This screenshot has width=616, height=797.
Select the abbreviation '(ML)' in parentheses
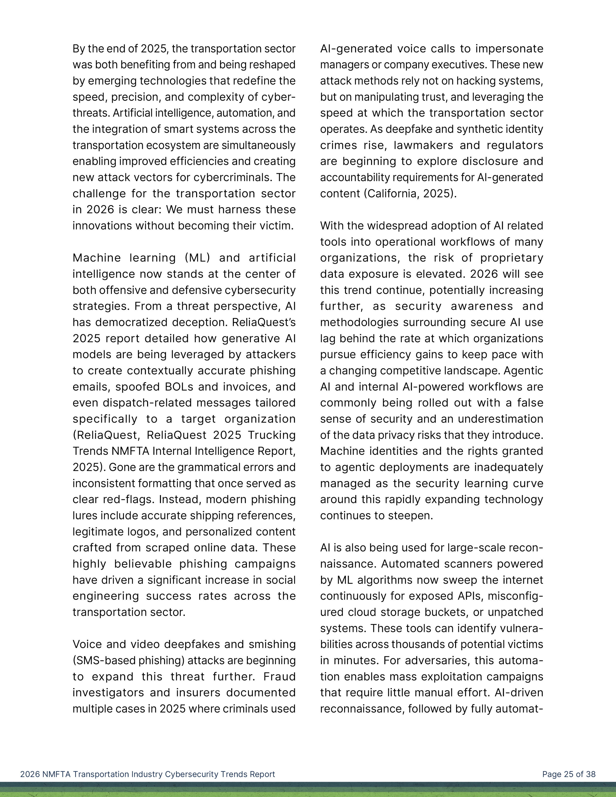click(197, 258)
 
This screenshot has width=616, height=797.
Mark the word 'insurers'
click(199, 692)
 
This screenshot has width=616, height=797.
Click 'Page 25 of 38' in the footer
click(568, 774)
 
